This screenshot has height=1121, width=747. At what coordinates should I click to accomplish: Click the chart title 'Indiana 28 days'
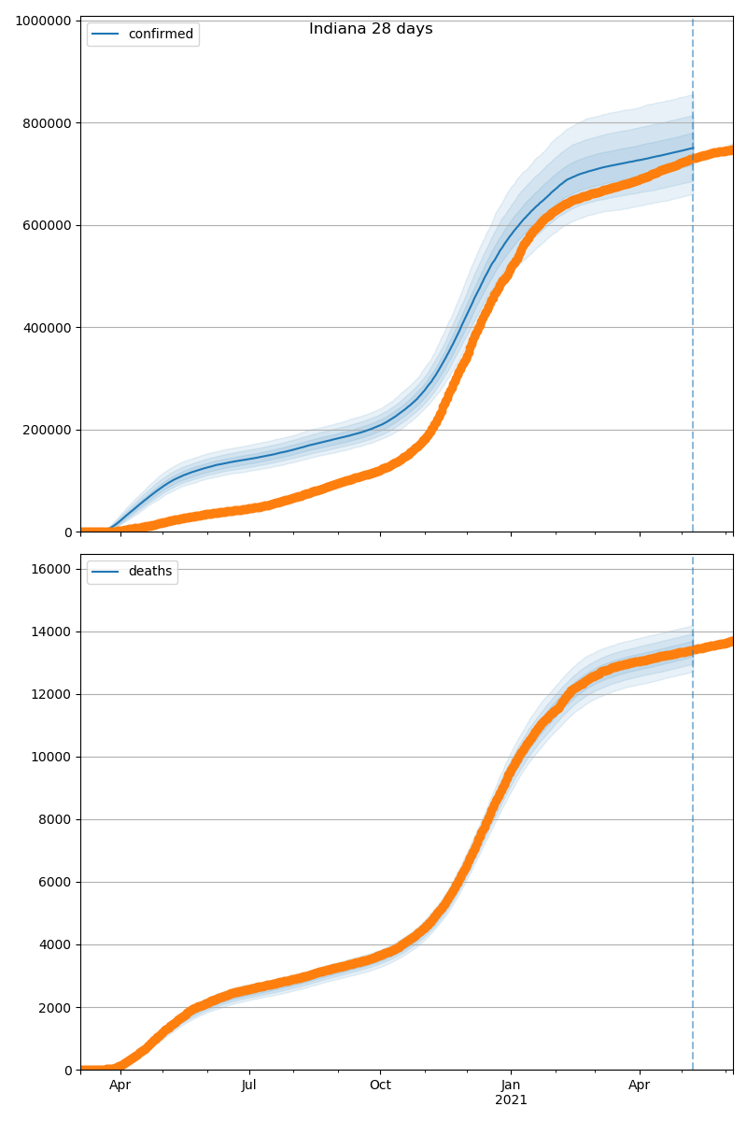point(371,29)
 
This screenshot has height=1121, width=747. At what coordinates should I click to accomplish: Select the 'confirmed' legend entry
point(161,35)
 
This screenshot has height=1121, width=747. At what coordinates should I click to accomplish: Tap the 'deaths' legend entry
point(149,572)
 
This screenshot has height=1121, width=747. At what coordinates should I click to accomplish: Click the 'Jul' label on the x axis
point(249,1085)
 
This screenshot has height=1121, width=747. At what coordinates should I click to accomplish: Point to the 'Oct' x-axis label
point(380,1085)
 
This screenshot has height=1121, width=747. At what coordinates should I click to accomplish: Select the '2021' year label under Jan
point(511,1100)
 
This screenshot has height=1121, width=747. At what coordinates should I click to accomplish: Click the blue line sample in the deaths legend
point(106,572)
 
